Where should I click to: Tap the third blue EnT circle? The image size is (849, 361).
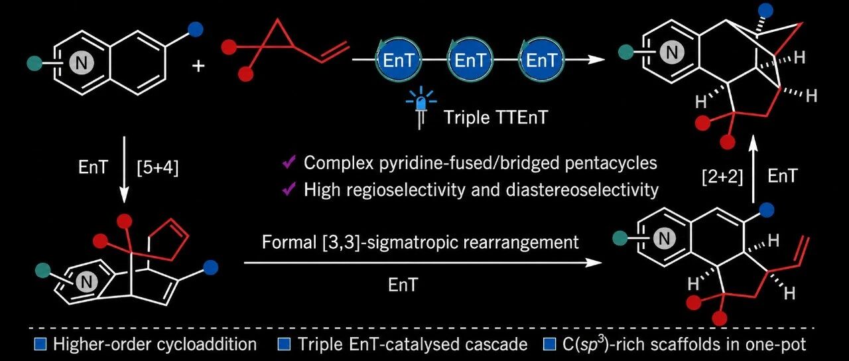click(541, 60)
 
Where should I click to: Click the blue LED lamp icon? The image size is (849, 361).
click(421, 108)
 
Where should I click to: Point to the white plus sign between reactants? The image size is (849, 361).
click(198, 66)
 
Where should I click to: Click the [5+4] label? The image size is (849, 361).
click(157, 167)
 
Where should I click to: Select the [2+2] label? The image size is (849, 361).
click(722, 177)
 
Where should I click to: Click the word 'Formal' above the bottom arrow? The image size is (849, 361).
click(289, 242)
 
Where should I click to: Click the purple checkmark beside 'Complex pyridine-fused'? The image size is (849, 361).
click(289, 163)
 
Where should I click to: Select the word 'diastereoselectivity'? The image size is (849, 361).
click(582, 189)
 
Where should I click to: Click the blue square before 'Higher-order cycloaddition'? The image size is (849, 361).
click(40, 344)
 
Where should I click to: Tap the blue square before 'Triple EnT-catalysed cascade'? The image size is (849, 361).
click(285, 344)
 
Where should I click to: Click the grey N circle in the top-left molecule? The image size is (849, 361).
click(81, 63)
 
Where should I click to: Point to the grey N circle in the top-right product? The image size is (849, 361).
click(672, 52)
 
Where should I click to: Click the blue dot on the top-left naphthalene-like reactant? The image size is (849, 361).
click(196, 30)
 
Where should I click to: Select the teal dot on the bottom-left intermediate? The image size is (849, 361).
click(43, 271)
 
